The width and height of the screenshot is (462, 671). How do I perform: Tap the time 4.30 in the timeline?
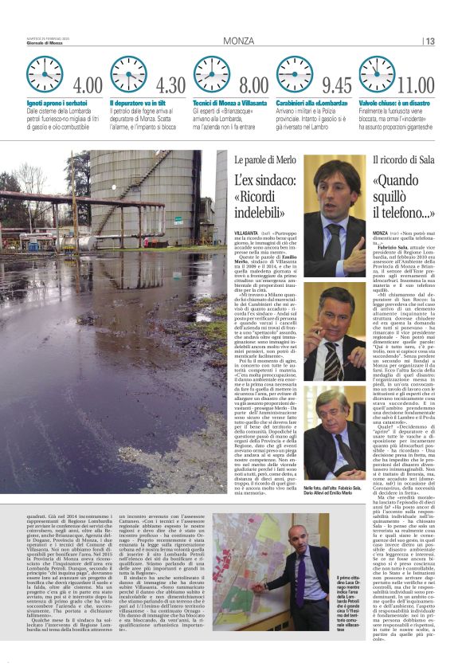point(171,85)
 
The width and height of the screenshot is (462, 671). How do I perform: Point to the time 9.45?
point(336,85)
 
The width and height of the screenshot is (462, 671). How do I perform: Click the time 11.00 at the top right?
point(416,85)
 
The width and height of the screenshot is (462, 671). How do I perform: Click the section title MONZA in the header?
point(239,41)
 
